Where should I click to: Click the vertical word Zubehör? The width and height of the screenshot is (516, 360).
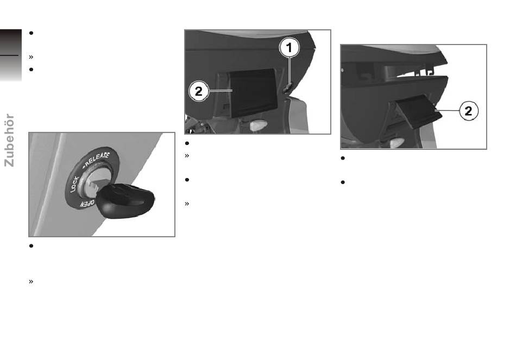click(9, 140)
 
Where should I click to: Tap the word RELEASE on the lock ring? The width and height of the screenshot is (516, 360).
click(97, 159)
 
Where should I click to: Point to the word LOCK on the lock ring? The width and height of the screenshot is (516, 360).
click(75, 184)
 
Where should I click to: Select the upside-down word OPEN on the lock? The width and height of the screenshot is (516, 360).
click(87, 204)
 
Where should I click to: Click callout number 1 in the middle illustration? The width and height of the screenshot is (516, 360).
click(290, 48)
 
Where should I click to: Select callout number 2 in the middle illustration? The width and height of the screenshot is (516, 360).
click(198, 91)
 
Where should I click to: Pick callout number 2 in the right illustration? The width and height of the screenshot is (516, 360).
click(468, 111)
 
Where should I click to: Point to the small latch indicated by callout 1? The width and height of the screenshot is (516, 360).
click(288, 89)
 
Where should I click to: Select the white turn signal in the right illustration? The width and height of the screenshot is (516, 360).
click(397, 143)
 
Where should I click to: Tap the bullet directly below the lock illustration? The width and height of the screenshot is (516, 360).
click(32, 246)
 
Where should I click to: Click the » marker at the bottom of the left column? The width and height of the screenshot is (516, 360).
click(32, 281)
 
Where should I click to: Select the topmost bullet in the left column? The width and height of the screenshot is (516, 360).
click(32, 33)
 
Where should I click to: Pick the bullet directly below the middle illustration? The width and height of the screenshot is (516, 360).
click(187, 143)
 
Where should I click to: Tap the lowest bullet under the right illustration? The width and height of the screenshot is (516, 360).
click(343, 182)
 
